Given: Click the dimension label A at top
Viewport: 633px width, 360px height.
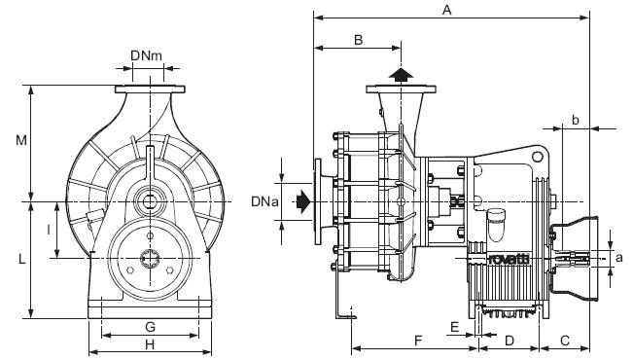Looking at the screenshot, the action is point(446,10).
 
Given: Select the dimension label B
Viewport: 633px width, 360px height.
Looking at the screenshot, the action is point(358,40).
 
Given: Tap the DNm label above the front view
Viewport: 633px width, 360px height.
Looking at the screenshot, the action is point(146,55).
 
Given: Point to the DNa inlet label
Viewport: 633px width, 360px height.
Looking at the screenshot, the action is point(264,201).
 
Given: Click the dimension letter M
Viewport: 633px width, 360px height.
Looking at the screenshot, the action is point(21,140).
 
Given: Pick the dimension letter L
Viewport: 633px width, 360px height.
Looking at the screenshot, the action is point(22,259).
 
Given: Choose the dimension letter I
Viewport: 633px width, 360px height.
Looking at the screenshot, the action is point(49,230).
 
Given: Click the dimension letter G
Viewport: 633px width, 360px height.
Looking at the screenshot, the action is point(150,327).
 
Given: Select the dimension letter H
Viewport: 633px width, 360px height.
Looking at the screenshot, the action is point(150,344).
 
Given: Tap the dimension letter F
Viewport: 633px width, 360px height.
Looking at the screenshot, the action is point(418,341).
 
